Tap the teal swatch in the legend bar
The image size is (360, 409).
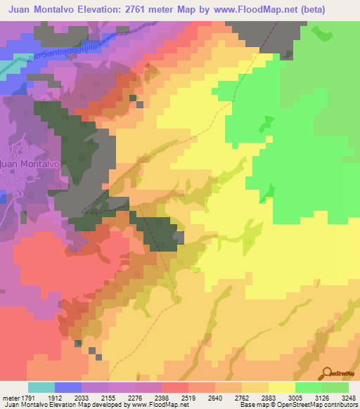coord(41,387)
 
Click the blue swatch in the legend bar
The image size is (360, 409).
coord(67,387)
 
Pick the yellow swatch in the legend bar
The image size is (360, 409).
coord(281,387)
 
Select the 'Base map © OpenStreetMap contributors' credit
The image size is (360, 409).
coord(297,404)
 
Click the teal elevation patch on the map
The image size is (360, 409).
coord(6,66)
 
